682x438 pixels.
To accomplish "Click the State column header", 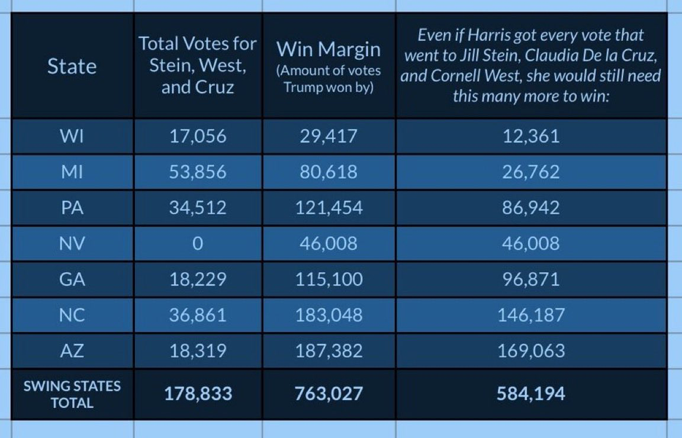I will [72, 66].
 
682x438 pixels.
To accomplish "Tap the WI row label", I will [72, 136].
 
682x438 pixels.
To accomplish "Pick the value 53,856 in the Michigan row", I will [198, 172].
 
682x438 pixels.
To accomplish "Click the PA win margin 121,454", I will [329, 208].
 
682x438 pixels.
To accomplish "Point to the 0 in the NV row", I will [198, 243].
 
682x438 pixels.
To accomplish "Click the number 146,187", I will [530, 315].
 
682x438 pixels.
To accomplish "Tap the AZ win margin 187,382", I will [329, 351].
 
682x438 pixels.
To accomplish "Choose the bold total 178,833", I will [198, 394].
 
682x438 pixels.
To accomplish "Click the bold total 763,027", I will [329, 394].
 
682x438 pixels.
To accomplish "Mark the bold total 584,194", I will [530, 394].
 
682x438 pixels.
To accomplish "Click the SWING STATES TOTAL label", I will [72, 394].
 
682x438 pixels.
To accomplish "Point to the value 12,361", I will [530, 136].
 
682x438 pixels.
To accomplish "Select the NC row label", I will [72, 315].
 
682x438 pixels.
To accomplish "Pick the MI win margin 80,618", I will [329, 172].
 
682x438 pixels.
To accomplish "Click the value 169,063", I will [530, 351].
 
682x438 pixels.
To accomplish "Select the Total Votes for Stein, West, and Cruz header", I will [198, 66].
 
